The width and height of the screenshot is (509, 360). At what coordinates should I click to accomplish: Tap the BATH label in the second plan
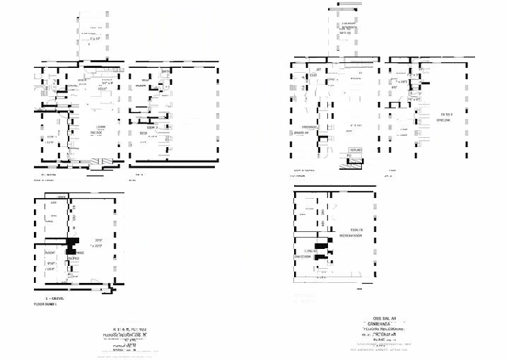pyautogui.click(x=165, y=71)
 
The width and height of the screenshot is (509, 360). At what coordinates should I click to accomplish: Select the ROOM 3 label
pyautogui.click(x=151, y=127)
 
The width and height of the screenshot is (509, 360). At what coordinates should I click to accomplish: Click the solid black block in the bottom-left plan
pyautogui.click(x=71, y=245)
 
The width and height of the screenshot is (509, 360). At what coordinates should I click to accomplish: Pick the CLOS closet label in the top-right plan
pyautogui.click(x=312, y=75)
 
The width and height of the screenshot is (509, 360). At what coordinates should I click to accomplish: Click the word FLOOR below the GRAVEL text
pyautogui.click(x=41, y=303)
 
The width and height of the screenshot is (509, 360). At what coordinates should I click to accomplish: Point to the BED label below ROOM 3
pyautogui.click(x=143, y=132)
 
